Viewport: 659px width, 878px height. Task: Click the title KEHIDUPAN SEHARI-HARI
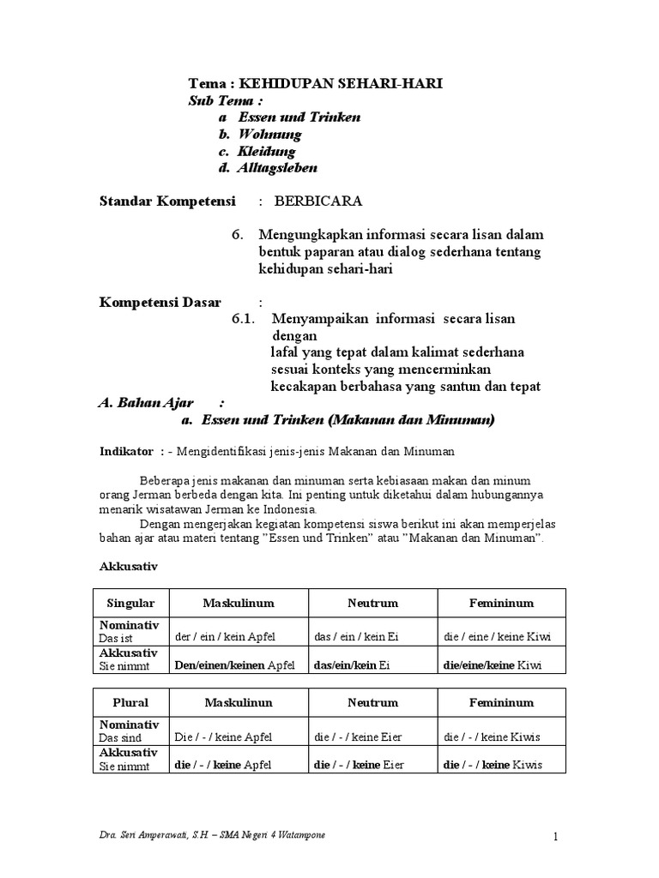340,84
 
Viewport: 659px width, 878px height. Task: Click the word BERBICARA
317,201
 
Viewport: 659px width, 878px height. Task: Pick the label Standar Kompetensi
167,201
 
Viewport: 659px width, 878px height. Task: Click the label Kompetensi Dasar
160,303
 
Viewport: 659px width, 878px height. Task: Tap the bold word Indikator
126,451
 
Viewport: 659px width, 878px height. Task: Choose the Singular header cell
130,603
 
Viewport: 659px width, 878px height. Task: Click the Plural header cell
130,702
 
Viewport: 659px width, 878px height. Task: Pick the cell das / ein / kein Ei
358,637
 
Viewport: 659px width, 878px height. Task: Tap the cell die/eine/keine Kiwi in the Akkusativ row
492,665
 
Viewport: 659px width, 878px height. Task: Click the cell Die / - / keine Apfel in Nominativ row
221,737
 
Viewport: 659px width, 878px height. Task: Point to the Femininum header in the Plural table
502,702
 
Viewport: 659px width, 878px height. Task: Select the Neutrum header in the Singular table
372,603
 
